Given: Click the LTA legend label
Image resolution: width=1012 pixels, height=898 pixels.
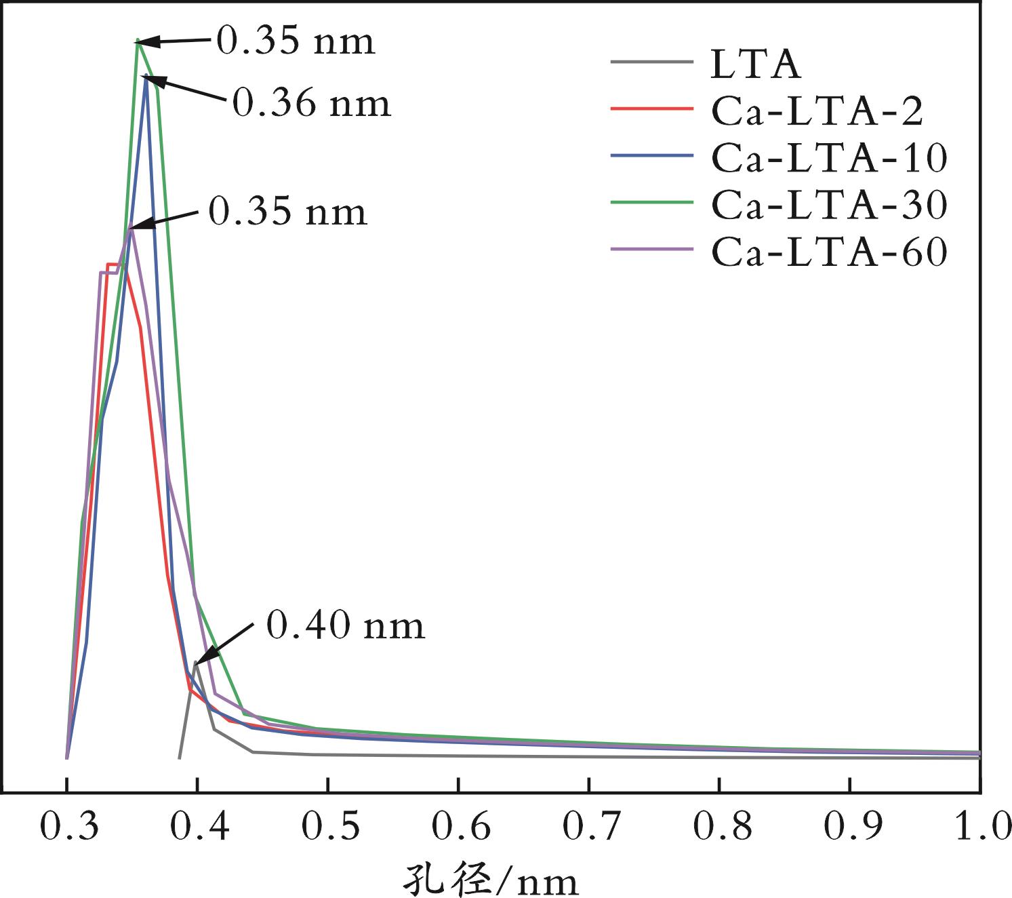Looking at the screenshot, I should click(x=756, y=64).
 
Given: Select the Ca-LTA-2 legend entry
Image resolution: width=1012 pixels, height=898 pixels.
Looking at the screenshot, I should click(x=817, y=111).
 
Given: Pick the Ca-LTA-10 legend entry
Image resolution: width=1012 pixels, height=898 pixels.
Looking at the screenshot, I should click(x=828, y=157).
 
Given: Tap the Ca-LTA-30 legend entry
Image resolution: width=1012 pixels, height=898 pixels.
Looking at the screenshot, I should click(x=828, y=204).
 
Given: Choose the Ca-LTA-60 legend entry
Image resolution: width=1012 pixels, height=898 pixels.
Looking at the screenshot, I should click(x=828, y=252).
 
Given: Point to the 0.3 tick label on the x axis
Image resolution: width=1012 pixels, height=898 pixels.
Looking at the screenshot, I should click(x=66, y=828).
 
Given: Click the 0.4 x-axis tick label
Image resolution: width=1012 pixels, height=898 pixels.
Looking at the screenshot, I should click(x=197, y=828).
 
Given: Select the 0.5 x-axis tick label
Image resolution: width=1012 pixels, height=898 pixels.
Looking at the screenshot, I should click(x=327, y=828).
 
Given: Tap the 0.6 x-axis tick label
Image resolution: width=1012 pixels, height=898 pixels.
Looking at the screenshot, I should click(x=458, y=828).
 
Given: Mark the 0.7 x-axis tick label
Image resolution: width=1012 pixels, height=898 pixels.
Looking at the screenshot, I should click(x=589, y=828).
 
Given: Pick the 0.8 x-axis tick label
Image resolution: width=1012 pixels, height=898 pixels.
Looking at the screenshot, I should click(x=720, y=828).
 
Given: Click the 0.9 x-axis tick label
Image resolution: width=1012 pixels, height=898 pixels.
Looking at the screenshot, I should click(x=850, y=828).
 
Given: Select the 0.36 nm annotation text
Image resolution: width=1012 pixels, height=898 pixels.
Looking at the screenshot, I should click(x=312, y=104).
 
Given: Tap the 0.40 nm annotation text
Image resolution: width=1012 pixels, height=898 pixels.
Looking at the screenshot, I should click(x=345, y=625).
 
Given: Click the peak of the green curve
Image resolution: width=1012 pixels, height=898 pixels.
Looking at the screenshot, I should click(x=138, y=41).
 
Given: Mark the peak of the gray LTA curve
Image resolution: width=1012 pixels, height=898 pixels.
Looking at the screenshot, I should click(x=196, y=662).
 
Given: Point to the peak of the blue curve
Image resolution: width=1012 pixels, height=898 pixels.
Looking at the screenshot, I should click(x=146, y=77).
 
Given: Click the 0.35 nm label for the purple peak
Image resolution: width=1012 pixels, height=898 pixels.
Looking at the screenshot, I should click(x=287, y=211).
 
